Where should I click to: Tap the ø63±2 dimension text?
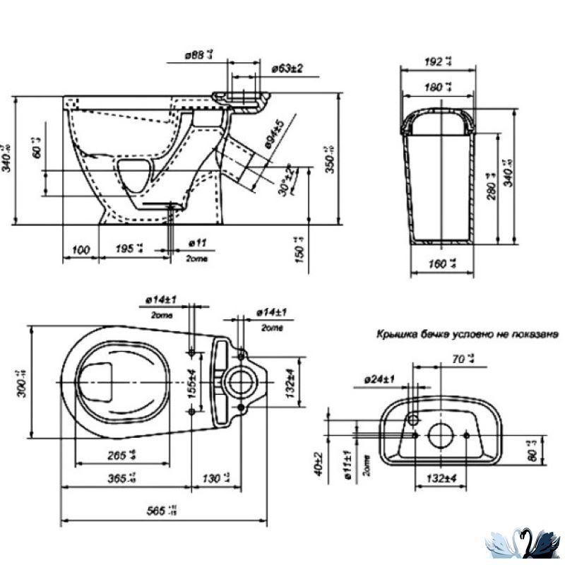(287, 69)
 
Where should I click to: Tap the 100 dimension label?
(81, 249)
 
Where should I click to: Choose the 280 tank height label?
(487, 185)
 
